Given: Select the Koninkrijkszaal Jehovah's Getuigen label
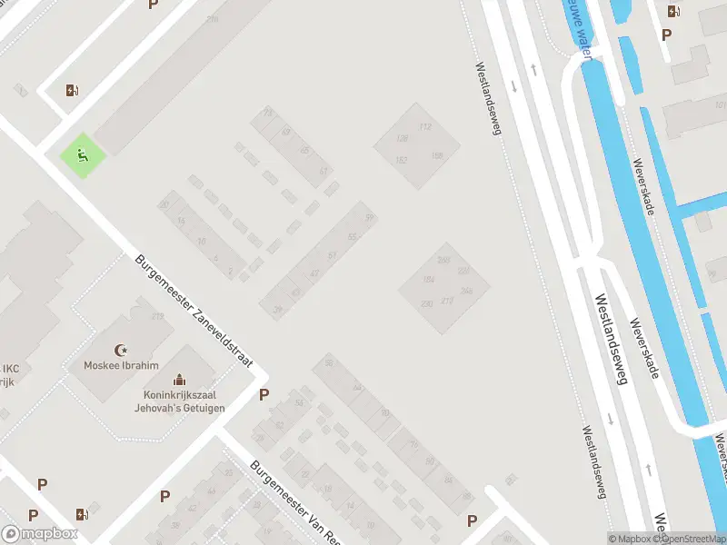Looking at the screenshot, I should pyautogui.click(x=183, y=401).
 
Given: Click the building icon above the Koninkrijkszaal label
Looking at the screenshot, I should pyautogui.click(x=179, y=379).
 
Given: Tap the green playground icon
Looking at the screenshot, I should pyautogui.click(x=83, y=155).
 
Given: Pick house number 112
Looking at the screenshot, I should pyautogui.click(x=424, y=126).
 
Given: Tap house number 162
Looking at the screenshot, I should pyautogui.click(x=402, y=160).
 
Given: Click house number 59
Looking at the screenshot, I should pyautogui.click(x=369, y=217).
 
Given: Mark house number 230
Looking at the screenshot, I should pyautogui.click(x=426, y=303).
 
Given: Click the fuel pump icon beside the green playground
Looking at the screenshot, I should pyautogui.click(x=72, y=89).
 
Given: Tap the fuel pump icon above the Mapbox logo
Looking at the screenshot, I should pyautogui.click(x=83, y=514).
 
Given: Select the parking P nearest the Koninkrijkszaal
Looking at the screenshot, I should pyautogui.click(x=264, y=394).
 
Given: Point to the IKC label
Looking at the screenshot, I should pyautogui.click(x=10, y=369).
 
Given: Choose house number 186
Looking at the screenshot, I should pyautogui.click(x=437, y=156).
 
